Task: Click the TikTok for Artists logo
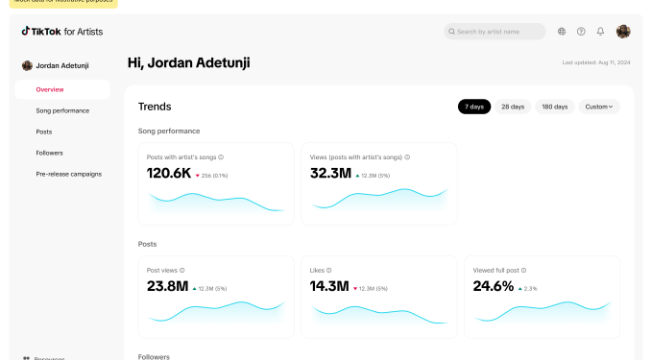pos(62,32)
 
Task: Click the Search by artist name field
pos(495,32)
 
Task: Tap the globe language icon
pos(562,32)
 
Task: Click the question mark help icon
pos(581,32)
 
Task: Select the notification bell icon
pos(600,32)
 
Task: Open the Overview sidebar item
pos(50,89)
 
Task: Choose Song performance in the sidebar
pos(62,110)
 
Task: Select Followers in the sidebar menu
pos(50,153)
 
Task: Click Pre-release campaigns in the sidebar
pos(68,174)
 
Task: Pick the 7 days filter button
pos(473,107)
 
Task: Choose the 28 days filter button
pos(512,107)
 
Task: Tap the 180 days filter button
pos(553,107)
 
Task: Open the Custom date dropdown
pos(599,107)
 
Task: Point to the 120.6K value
pos(168,174)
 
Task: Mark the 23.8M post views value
pos(167,286)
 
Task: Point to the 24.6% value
pos(494,286)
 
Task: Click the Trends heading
pos(155,107)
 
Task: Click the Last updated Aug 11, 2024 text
pos(595,63)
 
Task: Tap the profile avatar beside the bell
pos(623,32)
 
